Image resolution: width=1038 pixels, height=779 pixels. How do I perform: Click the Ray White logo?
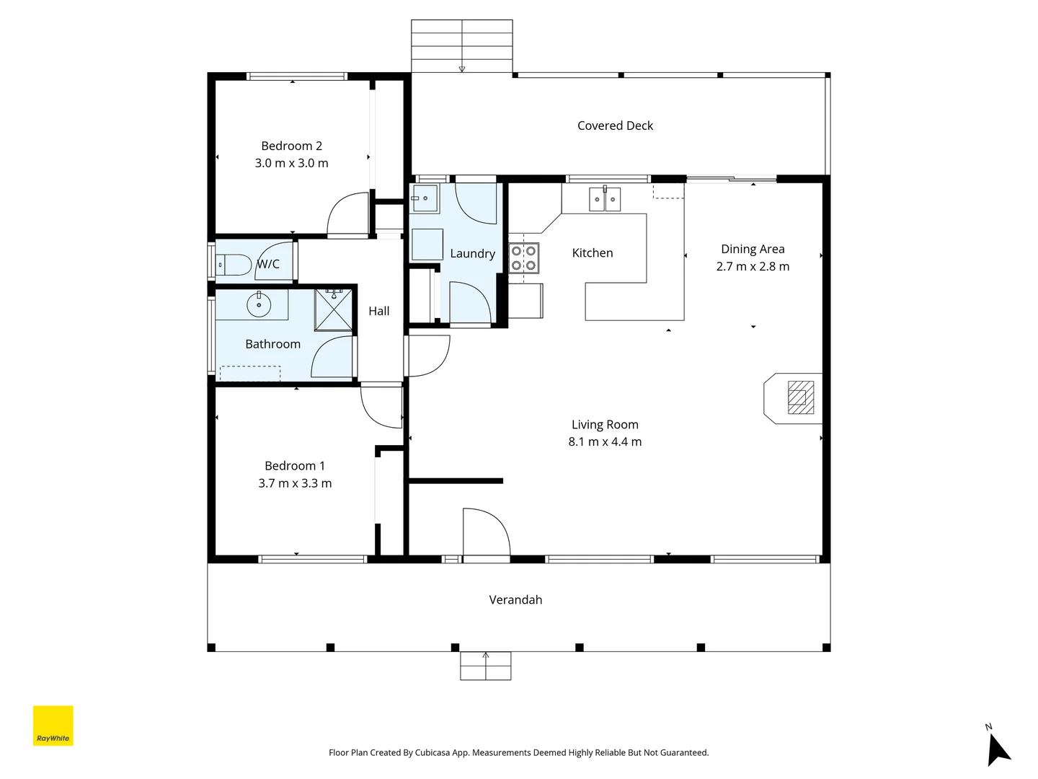click(x=53, y=726)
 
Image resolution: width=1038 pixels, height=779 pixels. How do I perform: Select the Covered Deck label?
click(x=615, y=126)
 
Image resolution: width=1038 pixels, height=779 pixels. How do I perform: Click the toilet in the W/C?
click(x=234, y=265)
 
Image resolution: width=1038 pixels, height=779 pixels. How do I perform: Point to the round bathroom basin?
click(x=259, y=304)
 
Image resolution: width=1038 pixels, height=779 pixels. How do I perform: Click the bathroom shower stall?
click(x=334, y=309)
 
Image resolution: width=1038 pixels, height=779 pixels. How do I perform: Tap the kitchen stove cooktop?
click(x=524, y=258)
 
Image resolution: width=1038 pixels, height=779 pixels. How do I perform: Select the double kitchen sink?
click(x=605, y=199)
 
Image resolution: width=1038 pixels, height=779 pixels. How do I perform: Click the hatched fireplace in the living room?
click(x=801, y=397)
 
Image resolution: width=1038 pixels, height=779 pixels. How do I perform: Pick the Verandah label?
click(x=515, y=599)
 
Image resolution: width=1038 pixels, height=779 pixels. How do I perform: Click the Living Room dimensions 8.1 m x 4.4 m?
click(x=605, y=441)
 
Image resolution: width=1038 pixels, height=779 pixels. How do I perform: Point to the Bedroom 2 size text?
click(x=291, y=163)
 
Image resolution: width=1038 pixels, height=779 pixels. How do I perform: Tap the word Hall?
click(x=378, y=311)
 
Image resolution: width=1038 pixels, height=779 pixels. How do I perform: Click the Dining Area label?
click(x=753, y=250)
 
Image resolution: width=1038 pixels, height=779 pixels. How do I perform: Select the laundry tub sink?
click(x=425, y=198)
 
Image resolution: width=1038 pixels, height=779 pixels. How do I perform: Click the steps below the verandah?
click(x=486, y=666)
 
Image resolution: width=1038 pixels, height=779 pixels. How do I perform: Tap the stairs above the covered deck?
click(x=461, y=46)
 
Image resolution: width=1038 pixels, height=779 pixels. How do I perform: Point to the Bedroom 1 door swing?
click(x=381, y=406)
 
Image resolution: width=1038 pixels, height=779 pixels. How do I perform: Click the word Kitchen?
click(x=592, y=253)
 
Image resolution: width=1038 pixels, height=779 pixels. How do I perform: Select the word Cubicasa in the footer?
click(x=432, y=752)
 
